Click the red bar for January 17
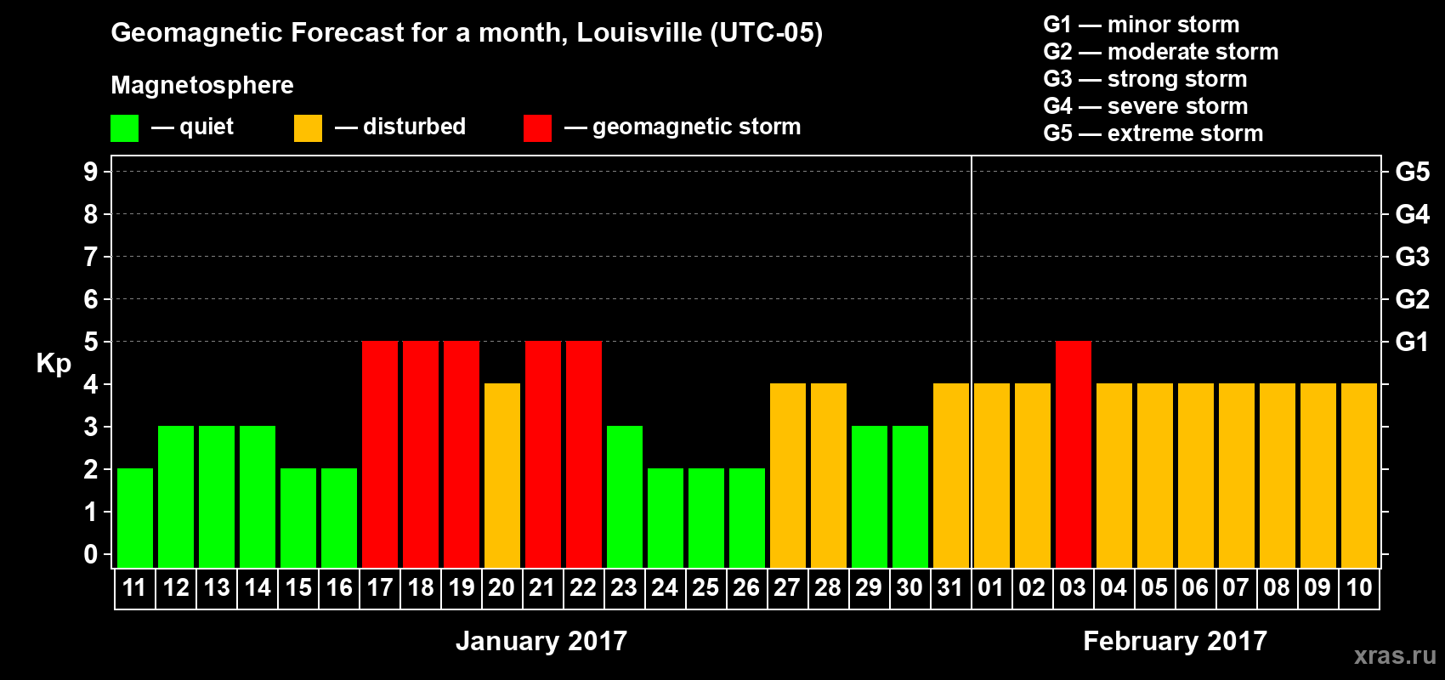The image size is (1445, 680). click(x=380, y=454)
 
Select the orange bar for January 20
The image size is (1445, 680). click(x=502, y=475)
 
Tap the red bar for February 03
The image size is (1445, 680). click(x=1074, y=454)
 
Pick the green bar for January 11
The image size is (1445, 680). click(x=135, y=518)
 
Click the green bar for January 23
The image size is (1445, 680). click(x=625, y=496)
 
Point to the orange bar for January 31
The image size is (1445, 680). click(x=951, y=475)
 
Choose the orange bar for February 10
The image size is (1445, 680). click(x=1359, y=475)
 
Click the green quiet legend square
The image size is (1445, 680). click(x=124, y=128)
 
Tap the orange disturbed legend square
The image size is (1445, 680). click(x=308, y=128)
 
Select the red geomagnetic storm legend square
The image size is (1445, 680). click(x=537, y=128)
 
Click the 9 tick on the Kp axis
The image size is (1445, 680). click(x=91, y=172)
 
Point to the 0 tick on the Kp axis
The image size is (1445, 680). click(x=91, y=555)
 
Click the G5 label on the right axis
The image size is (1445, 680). click(x=1412, y=172)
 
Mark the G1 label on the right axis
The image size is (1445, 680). click(x=1412, y=342)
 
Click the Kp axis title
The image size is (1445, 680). click(x=54, y=364)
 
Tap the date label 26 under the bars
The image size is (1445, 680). click(x=746, y=587)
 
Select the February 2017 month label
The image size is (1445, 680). click(x=1175, y=641)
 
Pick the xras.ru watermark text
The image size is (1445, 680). click(x=1395, y=654)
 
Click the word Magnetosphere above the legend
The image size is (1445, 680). click(x=202, y=85)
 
